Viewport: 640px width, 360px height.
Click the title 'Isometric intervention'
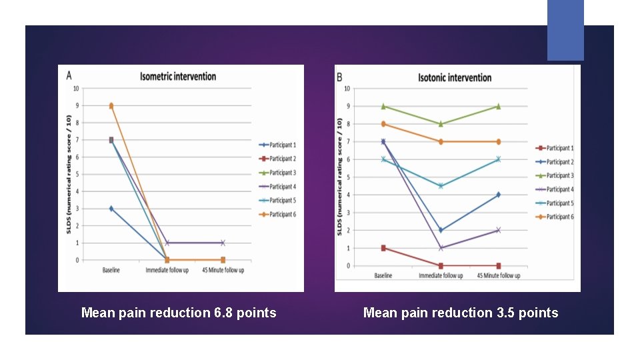tap(178, 76)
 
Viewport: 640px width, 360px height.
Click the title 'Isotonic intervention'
tap(455, 77)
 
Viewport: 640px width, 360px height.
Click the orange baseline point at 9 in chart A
tap(111, 105)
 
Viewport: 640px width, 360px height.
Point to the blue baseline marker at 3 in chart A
tap(111, 209)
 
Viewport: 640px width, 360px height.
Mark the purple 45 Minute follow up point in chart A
tap(223, 243)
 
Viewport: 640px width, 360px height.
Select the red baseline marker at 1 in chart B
tap(383, 248)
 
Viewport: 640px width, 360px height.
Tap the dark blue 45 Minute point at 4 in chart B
tap(499, 195)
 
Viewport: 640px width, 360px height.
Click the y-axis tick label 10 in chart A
tap(76, 88)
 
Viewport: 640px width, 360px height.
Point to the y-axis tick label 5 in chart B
tap(347, 177)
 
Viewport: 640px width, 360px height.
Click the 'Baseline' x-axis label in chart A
tap(111, 270)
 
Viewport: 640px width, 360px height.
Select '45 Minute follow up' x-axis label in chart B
tap(499, 275)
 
